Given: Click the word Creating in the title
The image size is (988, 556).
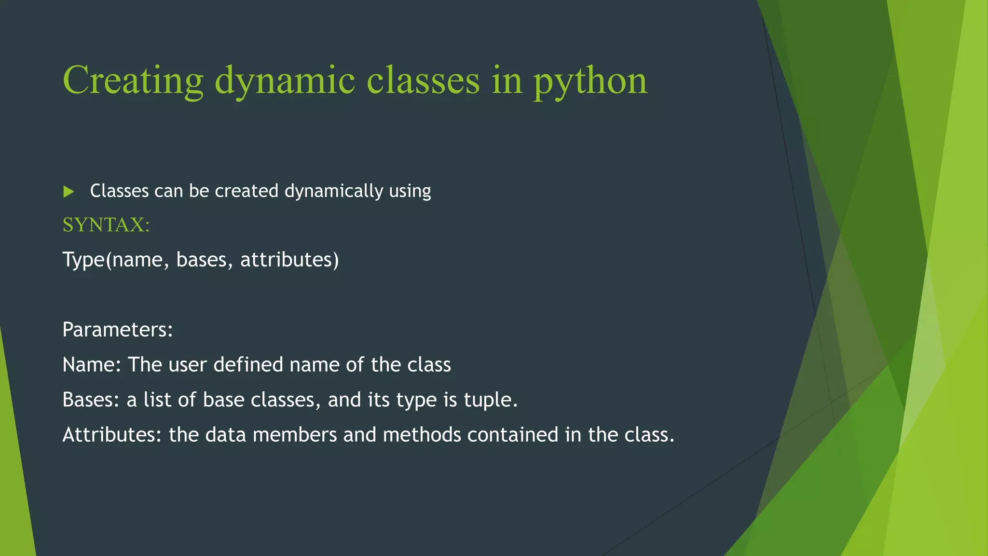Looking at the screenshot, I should [133, 80].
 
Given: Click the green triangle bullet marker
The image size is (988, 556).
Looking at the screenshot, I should [69, 192].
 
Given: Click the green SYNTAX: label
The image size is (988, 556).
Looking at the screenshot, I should [106, 225].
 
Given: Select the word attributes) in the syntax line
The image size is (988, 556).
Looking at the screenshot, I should [289, 260].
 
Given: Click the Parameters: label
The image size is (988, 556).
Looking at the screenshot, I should [117, 330].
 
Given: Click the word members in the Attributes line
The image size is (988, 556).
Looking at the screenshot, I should [294, 435].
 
